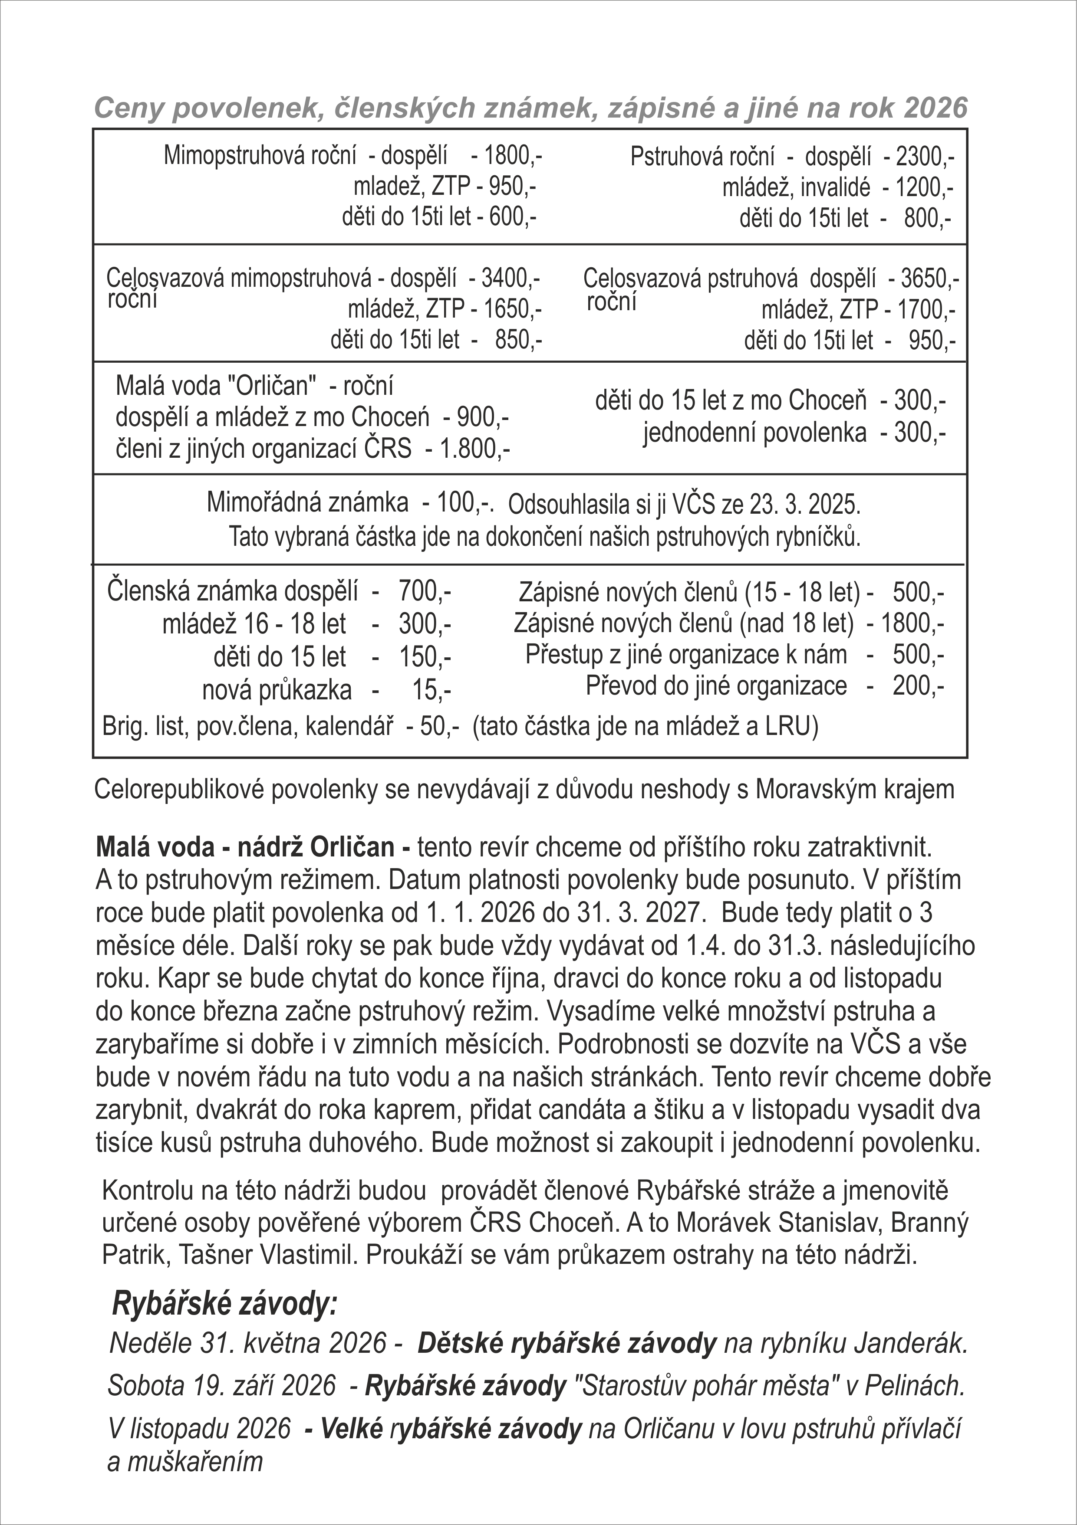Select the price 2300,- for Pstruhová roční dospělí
coord(925,157)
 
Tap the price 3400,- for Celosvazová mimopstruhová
coord(510,278)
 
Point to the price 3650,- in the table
coord(929,278)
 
